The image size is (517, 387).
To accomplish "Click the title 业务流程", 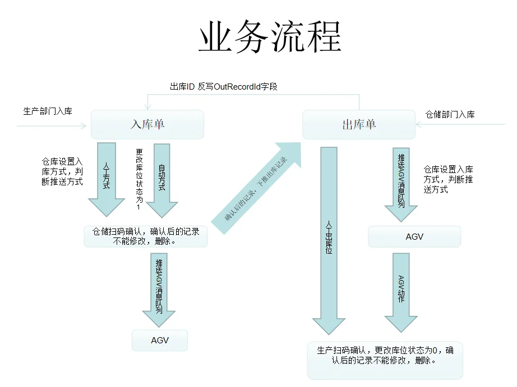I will (x=270, y=38).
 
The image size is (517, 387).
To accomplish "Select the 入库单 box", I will (x=147, y=124).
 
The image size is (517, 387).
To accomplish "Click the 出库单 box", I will (x=359, y=124).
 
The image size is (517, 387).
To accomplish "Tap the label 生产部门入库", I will (x=48, y=111).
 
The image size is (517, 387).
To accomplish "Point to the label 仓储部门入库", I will (x=450, y=114).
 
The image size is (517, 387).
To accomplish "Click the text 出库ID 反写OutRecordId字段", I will (x=224, y=87).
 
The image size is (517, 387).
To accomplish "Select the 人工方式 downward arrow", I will (x=106, y=176).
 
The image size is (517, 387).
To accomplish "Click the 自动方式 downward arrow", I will (x=161, y=176).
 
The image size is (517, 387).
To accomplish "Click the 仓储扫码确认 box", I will (x=146, y=236).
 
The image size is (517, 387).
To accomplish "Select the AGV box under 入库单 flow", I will (x=160, y=341).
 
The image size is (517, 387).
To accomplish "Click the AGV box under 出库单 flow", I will (x=414, y=236).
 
